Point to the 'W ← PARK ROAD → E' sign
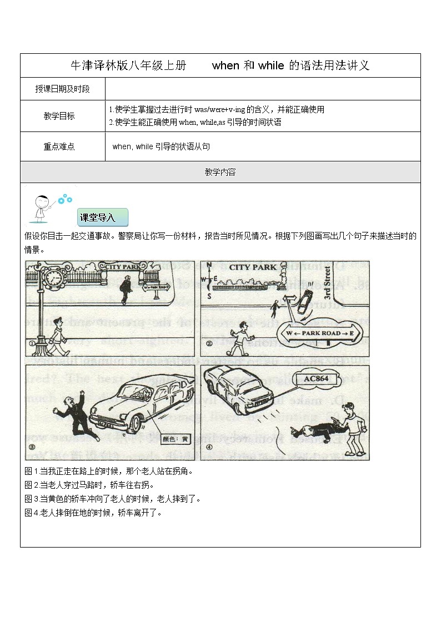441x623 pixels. point(322,333)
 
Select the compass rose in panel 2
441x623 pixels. point(209,279)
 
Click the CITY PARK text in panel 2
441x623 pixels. point(253,267)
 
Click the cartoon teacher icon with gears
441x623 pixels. point(46,206)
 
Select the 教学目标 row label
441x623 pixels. point(59,116)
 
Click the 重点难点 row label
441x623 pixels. point(59,146)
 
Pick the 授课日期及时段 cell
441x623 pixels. point(62,89)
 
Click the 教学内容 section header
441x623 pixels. point(220,172)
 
